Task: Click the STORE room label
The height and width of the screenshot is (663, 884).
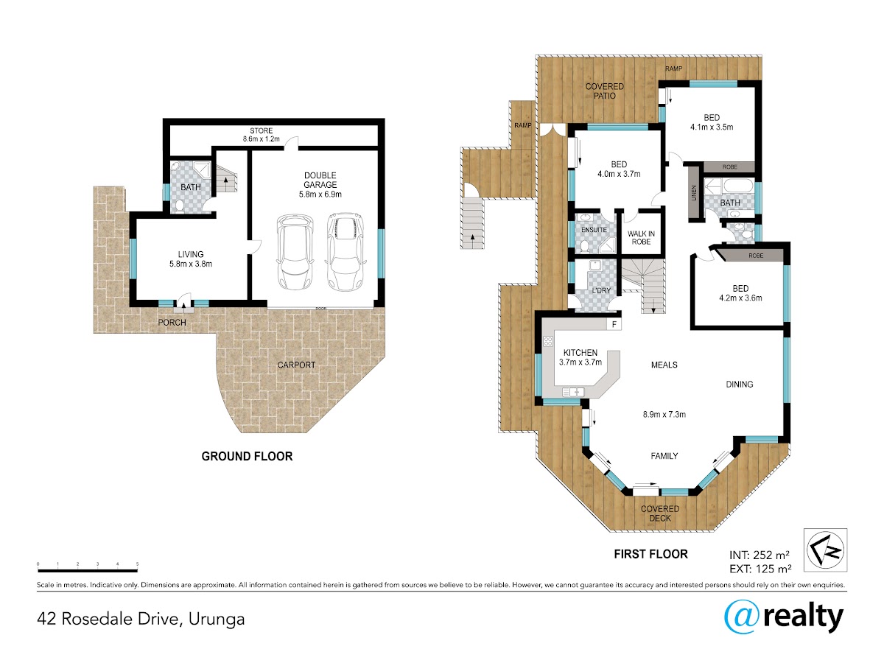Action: [261, 131]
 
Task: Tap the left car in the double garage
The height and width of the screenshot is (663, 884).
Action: [295, 252]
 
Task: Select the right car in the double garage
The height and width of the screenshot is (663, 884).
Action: [345, 252]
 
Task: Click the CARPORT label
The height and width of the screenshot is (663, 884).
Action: [296, 365]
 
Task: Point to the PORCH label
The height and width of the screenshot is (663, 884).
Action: [172, 323]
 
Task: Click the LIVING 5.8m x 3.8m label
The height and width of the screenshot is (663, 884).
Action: [191, 259]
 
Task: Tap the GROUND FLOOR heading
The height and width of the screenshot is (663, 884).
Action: [247, 457]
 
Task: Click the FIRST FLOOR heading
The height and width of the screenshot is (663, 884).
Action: [650, 554]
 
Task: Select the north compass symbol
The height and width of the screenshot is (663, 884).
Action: [825, 550]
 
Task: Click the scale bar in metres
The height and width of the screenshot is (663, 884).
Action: [88, 570]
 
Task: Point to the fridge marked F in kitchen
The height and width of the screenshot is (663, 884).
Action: [614, 324]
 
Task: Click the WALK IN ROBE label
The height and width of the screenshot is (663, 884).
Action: [641, 237]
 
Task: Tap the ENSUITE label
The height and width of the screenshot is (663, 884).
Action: [594, 230]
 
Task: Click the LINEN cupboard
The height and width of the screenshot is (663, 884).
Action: [693, 192]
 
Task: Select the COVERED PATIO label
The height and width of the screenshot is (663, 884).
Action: [604, 91]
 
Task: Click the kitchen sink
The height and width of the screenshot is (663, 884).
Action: [572, 391]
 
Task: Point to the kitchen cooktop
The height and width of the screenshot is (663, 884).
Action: [548, 342]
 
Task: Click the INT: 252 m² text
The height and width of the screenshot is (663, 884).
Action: [760, 555]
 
